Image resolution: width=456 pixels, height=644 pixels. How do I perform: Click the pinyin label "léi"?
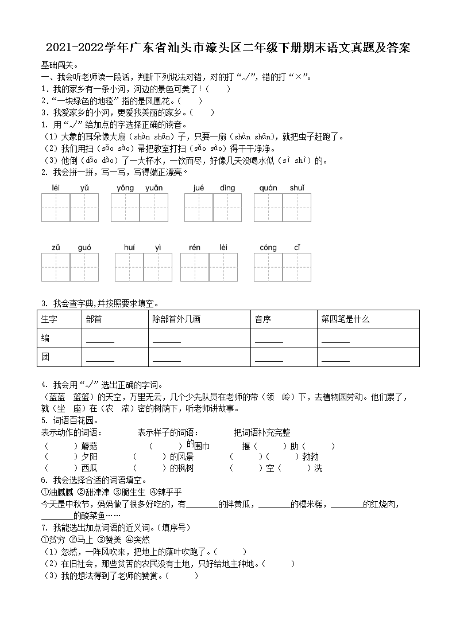(x=56, y=188)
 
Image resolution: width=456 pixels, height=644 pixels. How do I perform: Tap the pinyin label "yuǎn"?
(x=154, y=188)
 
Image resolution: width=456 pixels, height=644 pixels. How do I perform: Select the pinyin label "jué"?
(x=199, y=188)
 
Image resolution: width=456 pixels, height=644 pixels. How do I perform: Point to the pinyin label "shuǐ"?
(x=297, y=188)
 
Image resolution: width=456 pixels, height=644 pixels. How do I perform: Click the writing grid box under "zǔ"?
(x=56, y=267)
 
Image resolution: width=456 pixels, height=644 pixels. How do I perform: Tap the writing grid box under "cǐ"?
(x=297, y=267)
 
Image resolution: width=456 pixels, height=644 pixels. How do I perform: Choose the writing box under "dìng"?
(x=227, y=207)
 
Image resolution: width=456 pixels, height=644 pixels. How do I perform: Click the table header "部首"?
(x=94, y=319)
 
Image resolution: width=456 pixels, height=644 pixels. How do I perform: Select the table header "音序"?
(x=262, y=319)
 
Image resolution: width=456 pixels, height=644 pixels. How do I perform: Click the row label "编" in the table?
(x=46, y=338)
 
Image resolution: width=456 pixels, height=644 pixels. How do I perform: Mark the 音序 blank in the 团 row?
(x=269, y=360)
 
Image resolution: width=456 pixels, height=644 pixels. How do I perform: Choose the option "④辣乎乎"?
(x=165, y=492)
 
